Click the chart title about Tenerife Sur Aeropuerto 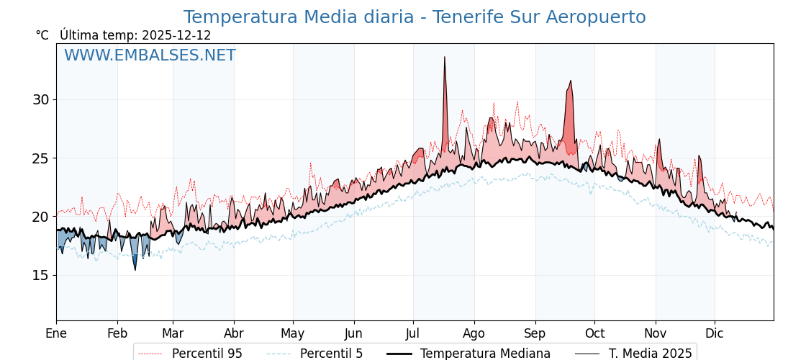pyautogui.click(x=415, y=17)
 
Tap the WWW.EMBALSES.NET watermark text pyautogui.click(x=150, y=55)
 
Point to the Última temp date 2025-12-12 pyautogui.click(x=176, y=35)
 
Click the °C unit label pyautogui.click(x=42, y=35)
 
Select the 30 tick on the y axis pyautogui.click(x=40, y=99)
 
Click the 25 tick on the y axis pyautogui.click(x=40, y=158)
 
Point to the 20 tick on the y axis pyautogui.click(x=40, y=217)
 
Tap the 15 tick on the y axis pyautogui.click(x=40, y=275)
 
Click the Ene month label pyautogui.click(x=56, y=333)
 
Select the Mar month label pyautogui.click(x=173, y=333)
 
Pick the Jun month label pyautogui.click(x=353, y=333)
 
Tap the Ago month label pyautogui.click(x=474, y=333)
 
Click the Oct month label pyautogui.click(x=594, y=333)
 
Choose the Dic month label pyautogui.click(x=715, y=333)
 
